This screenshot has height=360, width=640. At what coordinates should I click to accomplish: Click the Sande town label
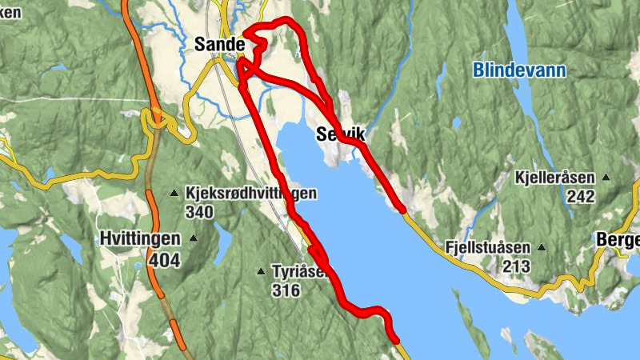tap(218, 46)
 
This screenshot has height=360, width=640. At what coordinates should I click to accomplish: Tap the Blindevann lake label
tap(519, 70)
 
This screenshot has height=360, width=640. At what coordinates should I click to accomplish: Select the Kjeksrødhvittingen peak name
tap(250, 194)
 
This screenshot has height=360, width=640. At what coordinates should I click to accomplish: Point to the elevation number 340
tap(199, 212)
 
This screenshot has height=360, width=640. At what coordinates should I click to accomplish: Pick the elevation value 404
tap(164, 259)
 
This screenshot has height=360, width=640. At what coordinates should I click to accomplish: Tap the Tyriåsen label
tap(299, 272)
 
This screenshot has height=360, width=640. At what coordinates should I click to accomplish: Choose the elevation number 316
tap(286, 290)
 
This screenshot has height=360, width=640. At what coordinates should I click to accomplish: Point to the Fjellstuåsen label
tap(489, 248)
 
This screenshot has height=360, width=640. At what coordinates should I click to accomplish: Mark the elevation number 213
tap(517, 266)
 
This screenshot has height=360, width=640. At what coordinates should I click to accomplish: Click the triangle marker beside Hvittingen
tap(193, 238)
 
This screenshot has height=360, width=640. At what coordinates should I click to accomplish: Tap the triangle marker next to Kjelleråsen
tap(606, 177)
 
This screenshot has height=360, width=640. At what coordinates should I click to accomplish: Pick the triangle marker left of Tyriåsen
tap(260, 272)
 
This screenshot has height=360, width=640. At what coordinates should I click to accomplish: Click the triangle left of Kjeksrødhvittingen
tap(174, 193)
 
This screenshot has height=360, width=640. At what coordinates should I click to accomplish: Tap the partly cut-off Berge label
tap(618, 240)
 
